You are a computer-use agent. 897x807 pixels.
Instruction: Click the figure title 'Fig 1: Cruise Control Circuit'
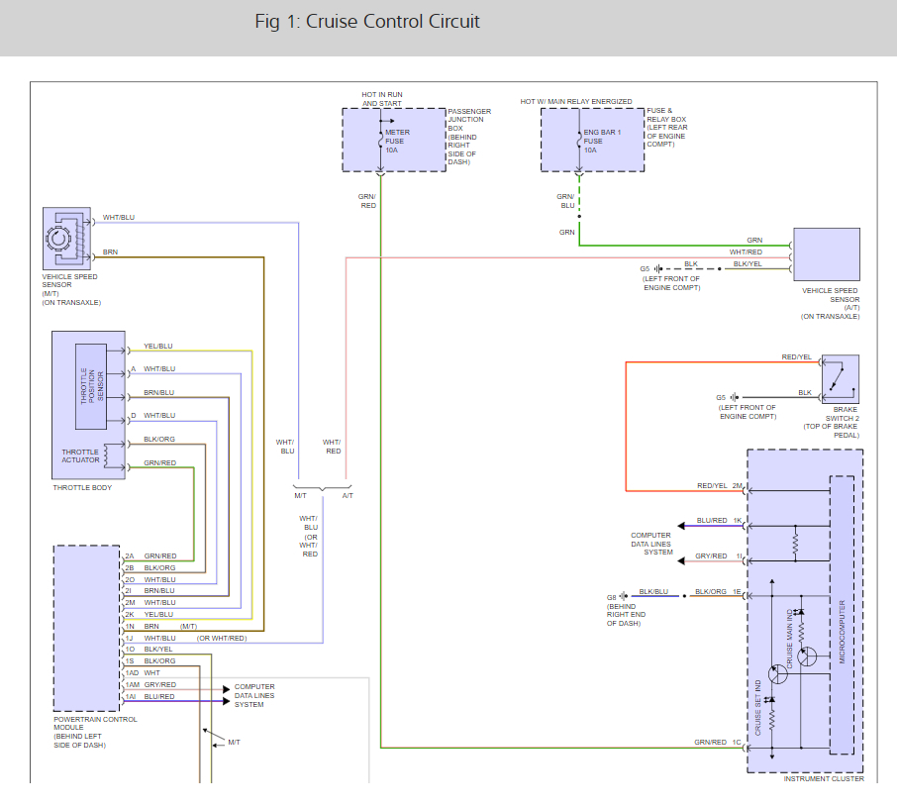(367, 22)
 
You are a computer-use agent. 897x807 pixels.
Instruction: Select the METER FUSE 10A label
(397, 141)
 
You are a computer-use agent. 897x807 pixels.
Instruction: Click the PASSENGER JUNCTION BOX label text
(468, 137)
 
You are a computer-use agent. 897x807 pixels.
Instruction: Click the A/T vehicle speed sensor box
(826, 254)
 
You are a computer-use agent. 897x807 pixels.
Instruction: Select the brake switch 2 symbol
(840, 379)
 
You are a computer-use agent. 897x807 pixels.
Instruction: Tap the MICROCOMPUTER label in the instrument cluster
(843, 631)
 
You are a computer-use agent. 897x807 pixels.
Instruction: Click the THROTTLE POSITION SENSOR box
(90, 386)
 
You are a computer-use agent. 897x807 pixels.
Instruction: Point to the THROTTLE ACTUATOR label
(80, 455)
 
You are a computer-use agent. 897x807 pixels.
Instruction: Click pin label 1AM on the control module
(133, 684)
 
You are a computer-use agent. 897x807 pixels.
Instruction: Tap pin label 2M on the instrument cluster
(737, 486)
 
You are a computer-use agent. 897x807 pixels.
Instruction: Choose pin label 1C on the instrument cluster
(737, 742)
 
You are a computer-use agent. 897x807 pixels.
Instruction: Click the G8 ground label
(612, 597)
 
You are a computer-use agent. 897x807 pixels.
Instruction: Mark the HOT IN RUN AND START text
(382, 99)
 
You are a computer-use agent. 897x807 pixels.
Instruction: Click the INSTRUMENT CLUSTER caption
(824, 779)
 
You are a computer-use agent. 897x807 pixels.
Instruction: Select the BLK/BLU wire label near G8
(652, 591)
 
